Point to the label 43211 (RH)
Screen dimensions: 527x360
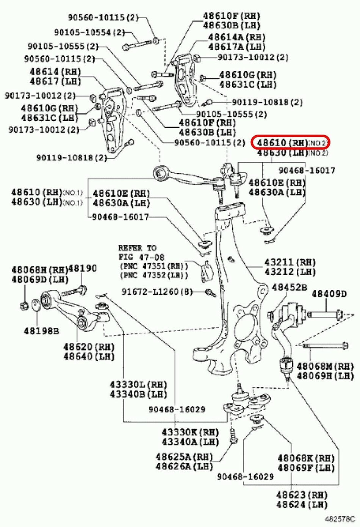click(290, 262)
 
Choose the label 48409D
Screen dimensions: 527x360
click(329, 294)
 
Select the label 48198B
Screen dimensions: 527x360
click(41, 331)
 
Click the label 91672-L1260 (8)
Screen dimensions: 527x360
click(157, 292)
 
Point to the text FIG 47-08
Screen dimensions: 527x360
click(141, 257)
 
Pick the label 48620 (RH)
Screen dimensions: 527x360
click(89, 346)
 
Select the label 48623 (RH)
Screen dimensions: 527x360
click(302, 494)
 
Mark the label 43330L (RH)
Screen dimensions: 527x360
click(138, 385)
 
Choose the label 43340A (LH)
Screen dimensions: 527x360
click(190, 442)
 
